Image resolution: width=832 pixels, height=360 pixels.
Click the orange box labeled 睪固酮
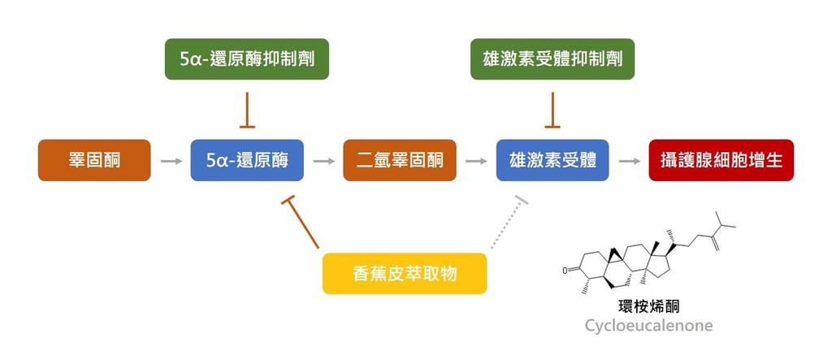pyautogui.click(x=94, y=160)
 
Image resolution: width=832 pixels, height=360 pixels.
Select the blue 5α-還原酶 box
pyautogui.click(x=247, y=160)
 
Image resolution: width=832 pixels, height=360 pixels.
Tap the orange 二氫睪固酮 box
pyautogui.click(x=400, y=160)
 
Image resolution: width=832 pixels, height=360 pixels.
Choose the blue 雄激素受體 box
pyautogui.click(x=552, y=160)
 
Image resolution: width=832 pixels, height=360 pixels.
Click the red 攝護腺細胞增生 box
pyautogui.click(x=721, y=160)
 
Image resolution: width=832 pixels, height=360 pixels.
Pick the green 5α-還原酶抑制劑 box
pyautogui.click(x=247, y=59)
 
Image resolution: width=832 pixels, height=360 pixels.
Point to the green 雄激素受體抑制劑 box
pyautogui.click(x=552, y=59)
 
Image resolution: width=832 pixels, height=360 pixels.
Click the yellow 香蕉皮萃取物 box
pyautogui.click(x=405, y=273)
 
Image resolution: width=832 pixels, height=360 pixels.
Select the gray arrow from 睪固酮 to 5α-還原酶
pyautogui.click(x=171, y=161)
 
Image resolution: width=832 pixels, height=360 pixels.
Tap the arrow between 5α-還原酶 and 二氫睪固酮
pyautogui.click(x=323, y=161)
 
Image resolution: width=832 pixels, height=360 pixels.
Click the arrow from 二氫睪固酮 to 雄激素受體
pyautogui.click(x=476, y=161)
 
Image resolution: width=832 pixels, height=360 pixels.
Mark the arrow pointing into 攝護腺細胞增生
pyautogui.click(x=629, y=161)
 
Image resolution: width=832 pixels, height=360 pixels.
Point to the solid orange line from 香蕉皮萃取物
pyautogui.click(x=303, y=223)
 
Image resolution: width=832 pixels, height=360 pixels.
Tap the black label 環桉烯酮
pyautogui.click(x=648, y=306)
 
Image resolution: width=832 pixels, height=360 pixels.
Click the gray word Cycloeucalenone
pyautogui.click(x=648, y=326)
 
